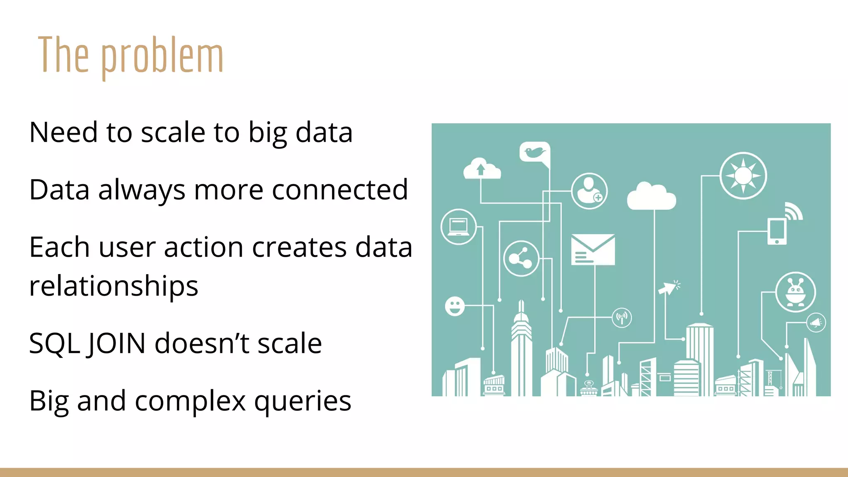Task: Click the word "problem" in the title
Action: (x=162, y=56)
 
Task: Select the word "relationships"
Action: (x=113, y=286)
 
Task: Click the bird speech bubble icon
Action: (x=535, y=153)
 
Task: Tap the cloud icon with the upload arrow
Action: (x=482, y=169)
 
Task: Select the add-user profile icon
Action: (x=589, y=191)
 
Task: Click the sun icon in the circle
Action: (x=743, y=176)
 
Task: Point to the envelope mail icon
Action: (x=593, y=249)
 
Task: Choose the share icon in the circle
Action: (x=521, y=258)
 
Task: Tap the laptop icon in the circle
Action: (x=458, y=227)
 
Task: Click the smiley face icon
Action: (x=455, y=306)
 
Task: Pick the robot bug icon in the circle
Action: (x=795, y=292)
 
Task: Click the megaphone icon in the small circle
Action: (x=816, y=323)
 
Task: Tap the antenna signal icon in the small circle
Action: (x=622, y=318)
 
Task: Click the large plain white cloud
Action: (x=651, y=197)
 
